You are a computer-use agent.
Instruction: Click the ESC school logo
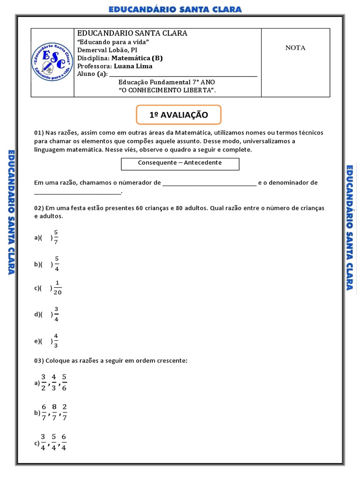(52, 62)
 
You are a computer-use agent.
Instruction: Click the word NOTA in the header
(295, 48)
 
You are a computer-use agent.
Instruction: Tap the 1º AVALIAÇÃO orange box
(178, 115)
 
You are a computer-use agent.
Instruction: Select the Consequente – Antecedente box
(180, 163)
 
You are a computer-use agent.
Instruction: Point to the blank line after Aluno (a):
(183, 74)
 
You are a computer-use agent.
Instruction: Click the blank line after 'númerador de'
(209, 183)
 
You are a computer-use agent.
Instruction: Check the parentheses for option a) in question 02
(47, 238)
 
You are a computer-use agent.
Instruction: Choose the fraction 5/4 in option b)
(57, 264)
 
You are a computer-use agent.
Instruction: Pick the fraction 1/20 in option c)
(58, 288)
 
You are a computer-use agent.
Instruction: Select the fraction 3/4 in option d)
(57, 314)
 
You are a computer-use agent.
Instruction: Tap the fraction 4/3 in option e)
(56, 341)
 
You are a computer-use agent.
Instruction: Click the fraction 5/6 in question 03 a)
(64, 382)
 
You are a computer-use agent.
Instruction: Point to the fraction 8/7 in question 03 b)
(54, 412)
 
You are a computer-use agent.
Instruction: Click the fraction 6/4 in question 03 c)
(64, 441)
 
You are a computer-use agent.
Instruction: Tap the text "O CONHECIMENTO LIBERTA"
(167, 90)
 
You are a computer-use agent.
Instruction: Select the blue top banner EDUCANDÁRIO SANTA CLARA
(175, 9)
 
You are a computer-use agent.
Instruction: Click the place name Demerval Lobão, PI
(107, 50)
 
